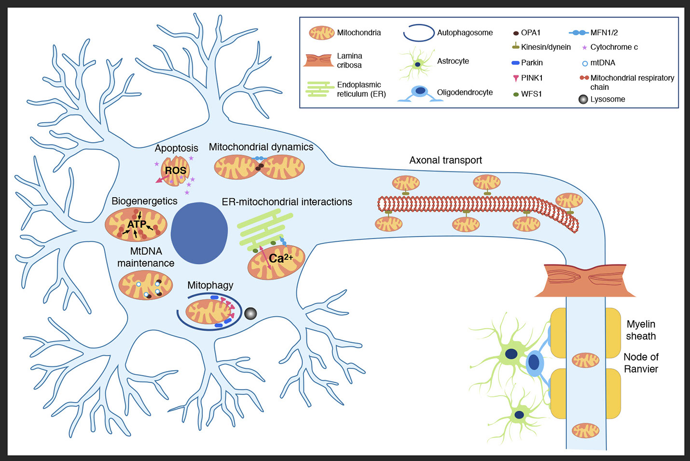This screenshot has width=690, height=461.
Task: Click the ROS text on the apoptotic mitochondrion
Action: [175, 171]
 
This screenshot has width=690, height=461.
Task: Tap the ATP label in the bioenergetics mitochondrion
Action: [137, 225]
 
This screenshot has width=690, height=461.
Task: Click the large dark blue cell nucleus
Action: [199, 233]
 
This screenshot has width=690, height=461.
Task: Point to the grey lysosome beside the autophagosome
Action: [250, 314]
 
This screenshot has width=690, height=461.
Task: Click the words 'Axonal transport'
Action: [445, 160]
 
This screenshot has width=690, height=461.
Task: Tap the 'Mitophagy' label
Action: [210, 285]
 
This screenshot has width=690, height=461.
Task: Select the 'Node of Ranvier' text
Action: [641, 363]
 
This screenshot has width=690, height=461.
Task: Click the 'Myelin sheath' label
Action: [641, 330]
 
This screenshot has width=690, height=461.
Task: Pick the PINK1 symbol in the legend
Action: [516, 78]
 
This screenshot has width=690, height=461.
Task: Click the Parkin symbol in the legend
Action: [515, 63]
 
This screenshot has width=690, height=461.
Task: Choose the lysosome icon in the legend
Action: [583, 100]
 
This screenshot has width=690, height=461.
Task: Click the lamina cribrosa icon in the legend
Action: [318, 60]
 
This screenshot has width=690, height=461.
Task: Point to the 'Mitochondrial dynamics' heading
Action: [261, 147]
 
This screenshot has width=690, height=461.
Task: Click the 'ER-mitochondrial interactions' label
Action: [287, 202]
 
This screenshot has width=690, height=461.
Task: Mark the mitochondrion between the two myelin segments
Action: [585, 360]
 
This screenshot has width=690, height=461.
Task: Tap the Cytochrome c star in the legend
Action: [584, 48]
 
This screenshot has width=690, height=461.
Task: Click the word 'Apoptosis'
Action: [176, 148]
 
